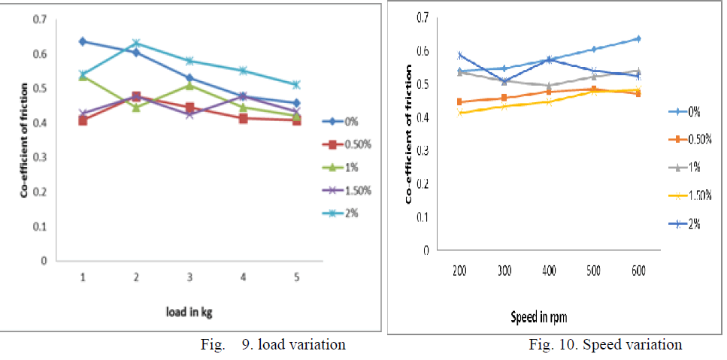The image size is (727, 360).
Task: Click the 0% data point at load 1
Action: tap(82, 41)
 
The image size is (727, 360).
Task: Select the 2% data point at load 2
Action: tap(136, 43)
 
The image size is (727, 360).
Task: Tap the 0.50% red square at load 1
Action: tap(82, 120)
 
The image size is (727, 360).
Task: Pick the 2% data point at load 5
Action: tap(296, 84)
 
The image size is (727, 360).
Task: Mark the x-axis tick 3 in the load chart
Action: tap(189, 277)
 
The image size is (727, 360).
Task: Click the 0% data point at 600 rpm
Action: tap(638, 38)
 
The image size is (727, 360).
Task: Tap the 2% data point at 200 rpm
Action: tap(460, 55)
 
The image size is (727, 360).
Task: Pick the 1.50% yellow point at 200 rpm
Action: tap(460, 113)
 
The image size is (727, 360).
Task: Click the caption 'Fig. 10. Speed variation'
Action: tap(605, 345)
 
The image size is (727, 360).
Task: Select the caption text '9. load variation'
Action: tap(293, 345)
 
